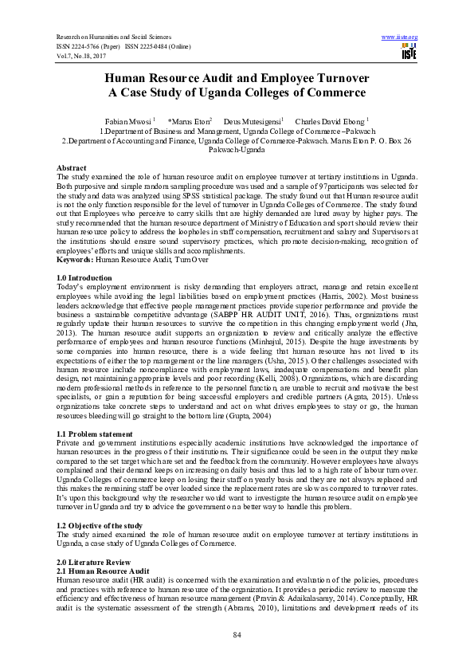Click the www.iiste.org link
(x=400, y=37)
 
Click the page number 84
(x=237, y=634)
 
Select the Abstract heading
(x=71, y=168)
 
